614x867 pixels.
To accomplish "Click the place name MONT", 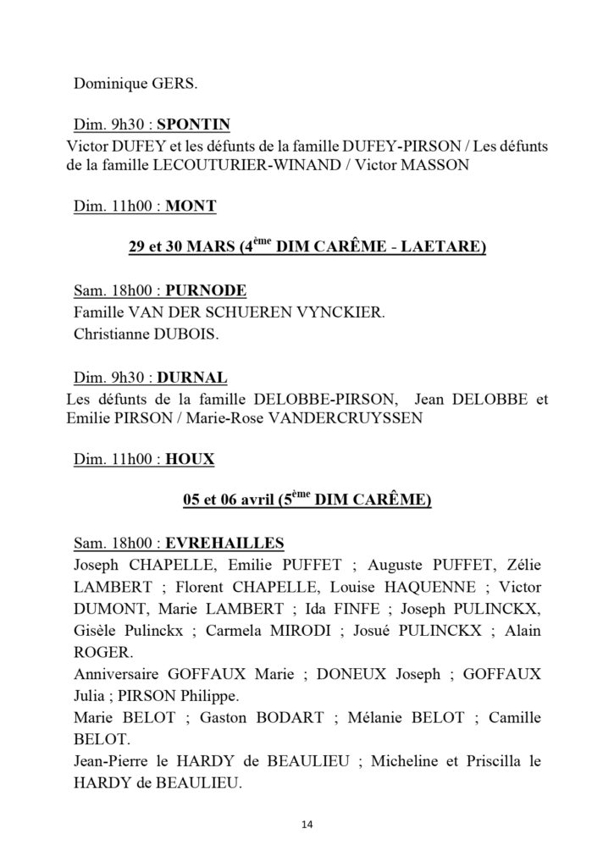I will tap(191, 205).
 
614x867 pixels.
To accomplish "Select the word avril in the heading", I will tap(250, 501).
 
